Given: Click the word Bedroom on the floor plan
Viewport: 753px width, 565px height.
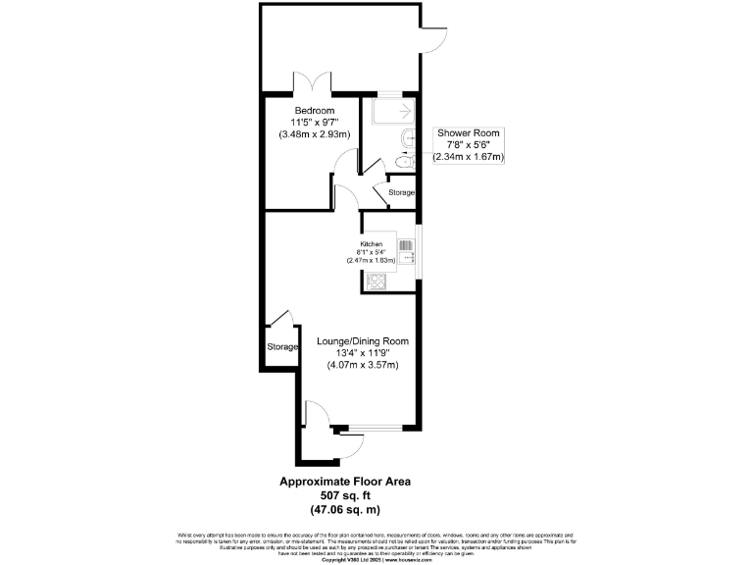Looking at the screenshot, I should [x=315, y=110].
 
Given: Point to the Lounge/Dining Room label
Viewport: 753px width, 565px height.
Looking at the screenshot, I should [x=362, y=341].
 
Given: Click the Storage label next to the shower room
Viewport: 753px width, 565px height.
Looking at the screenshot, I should [x=402, y=192].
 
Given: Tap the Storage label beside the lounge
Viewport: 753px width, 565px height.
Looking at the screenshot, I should [x=282, y=347].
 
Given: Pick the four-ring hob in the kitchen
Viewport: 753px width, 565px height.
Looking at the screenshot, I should [x=376, y=282].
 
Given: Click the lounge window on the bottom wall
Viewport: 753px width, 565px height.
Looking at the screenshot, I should [x=377, y=428].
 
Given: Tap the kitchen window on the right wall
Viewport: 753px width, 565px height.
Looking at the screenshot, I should [x=419, y=253].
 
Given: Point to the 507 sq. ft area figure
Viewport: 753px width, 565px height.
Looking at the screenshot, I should [x=345, y=496].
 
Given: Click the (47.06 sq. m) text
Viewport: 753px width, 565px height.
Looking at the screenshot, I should [x=345, y=510].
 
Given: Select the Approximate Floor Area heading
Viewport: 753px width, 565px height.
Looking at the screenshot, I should [x=345, y=482].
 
